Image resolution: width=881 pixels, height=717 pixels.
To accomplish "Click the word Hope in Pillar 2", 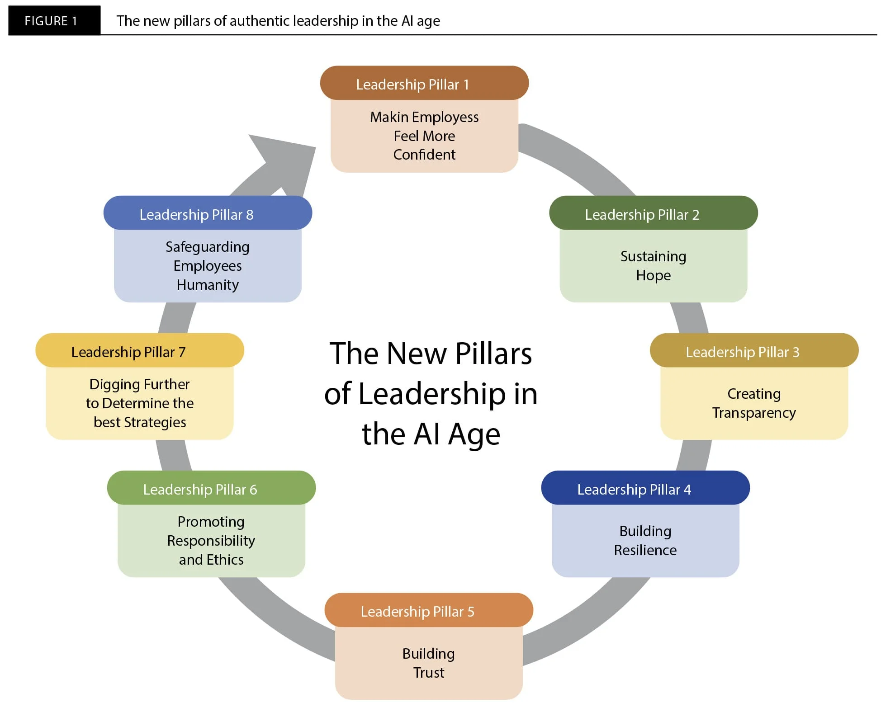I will [653, 275].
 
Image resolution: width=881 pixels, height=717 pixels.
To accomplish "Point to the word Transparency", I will [754, 413].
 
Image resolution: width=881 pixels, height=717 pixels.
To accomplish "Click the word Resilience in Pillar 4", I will [645, 550].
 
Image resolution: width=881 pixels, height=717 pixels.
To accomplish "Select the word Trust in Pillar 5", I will [429, 673].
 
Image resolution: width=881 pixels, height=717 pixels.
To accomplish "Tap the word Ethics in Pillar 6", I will [224, 560].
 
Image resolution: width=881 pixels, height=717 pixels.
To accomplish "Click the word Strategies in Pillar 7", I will [155, 422].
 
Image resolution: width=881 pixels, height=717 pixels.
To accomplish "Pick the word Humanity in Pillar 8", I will [208, 285].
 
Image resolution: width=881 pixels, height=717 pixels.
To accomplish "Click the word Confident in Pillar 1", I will [424, 155].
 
